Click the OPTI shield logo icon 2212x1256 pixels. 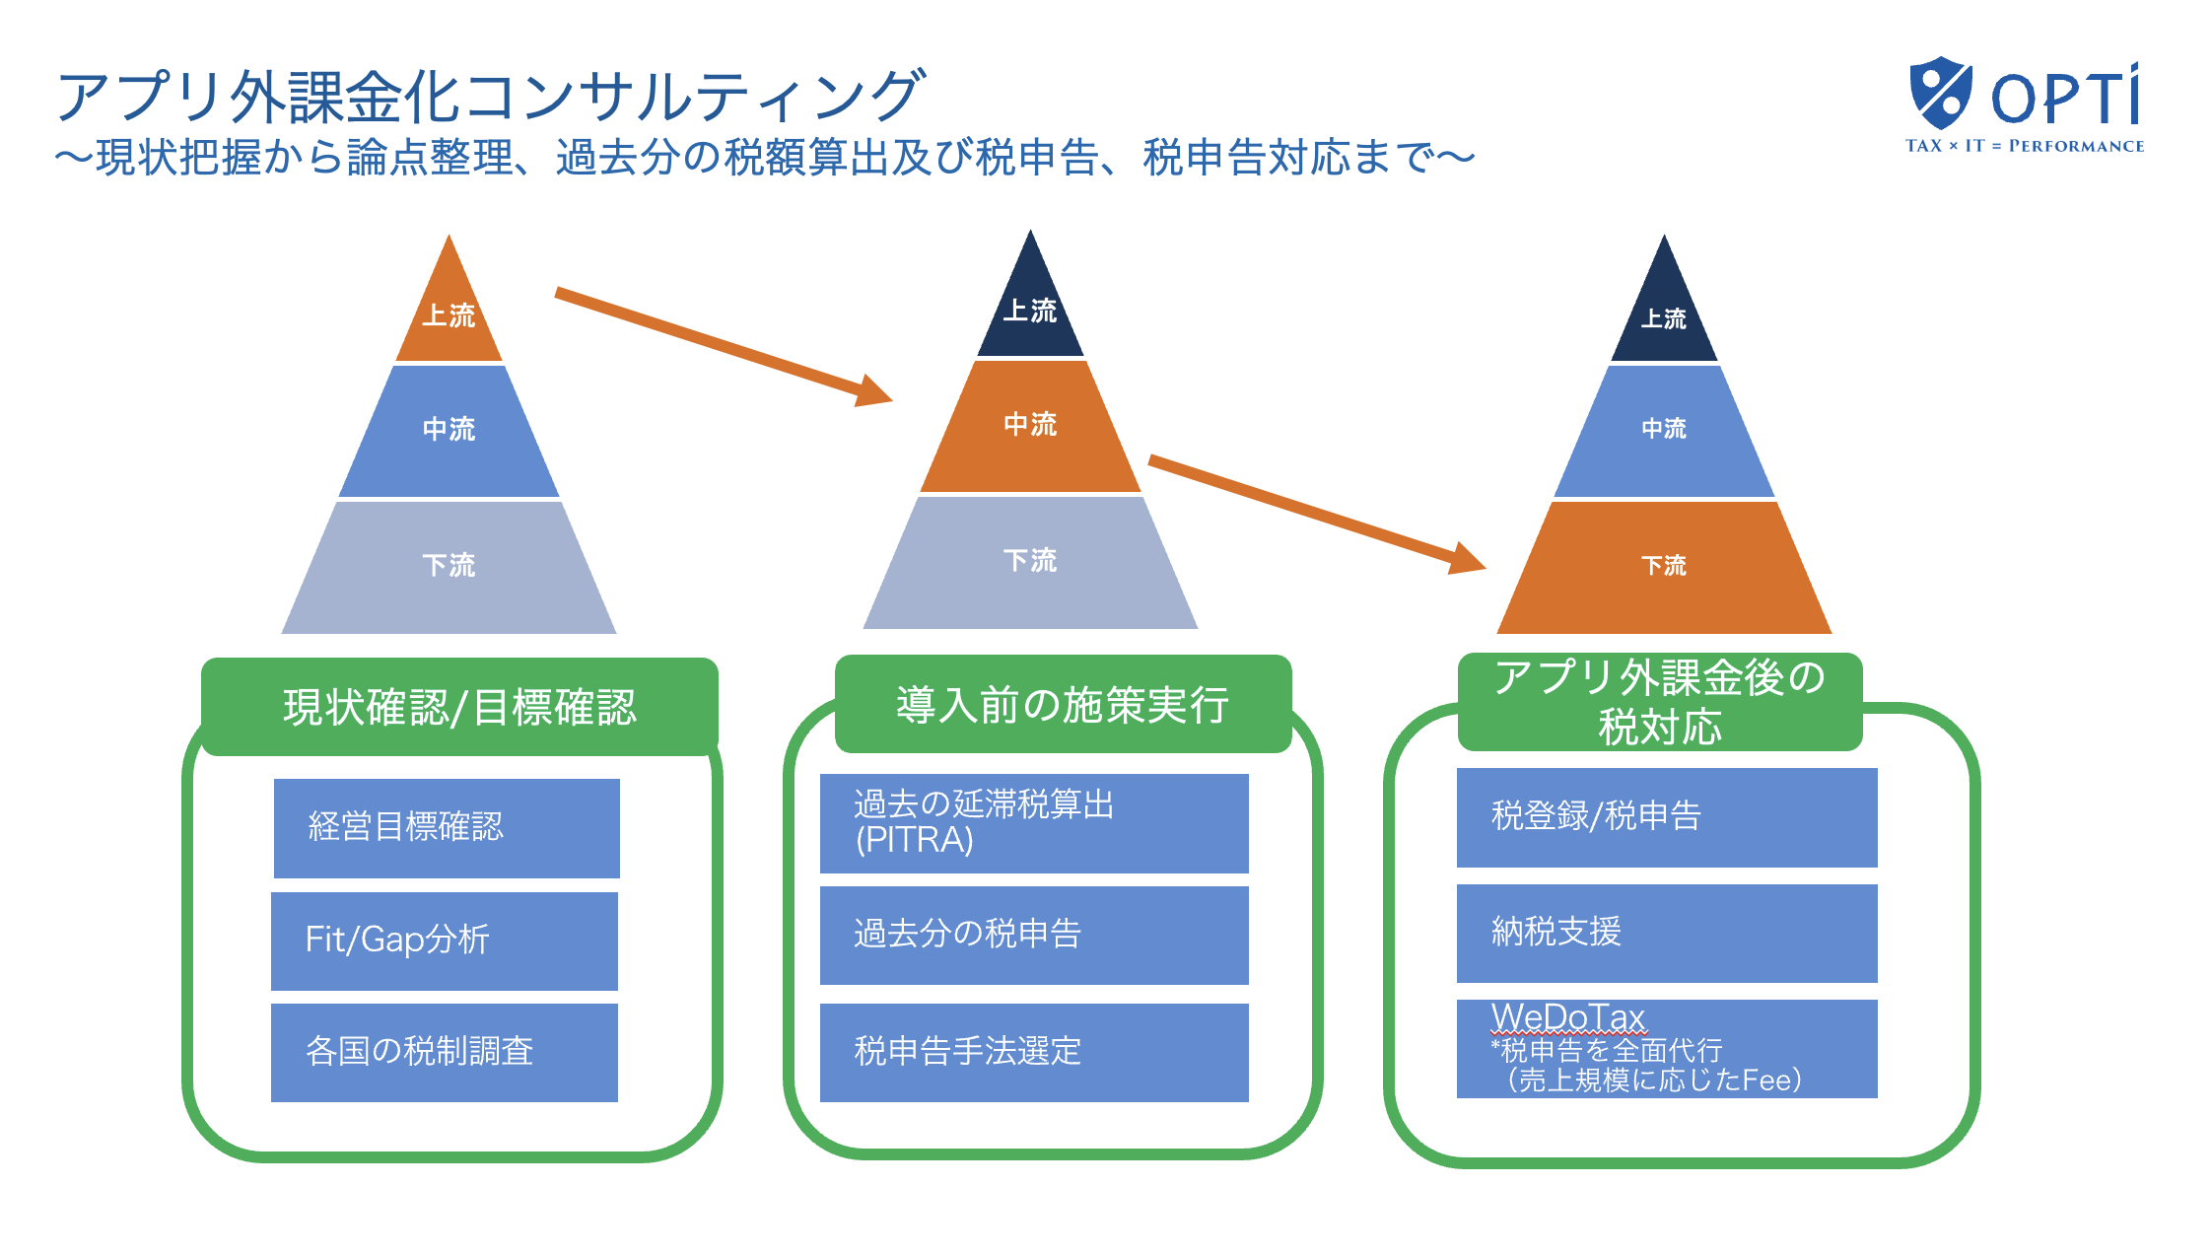click(1939, 93)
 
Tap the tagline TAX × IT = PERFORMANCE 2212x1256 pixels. click(2024, 146)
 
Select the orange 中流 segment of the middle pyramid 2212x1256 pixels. click(1030, 426)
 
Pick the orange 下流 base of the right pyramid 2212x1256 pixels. click(1664, 567)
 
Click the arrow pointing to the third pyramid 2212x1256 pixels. click(1316, 513)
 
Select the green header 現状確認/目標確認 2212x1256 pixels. click(459, 707)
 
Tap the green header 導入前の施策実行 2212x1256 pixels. click(1062, 704)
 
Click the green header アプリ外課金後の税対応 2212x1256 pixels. click(1659, 702)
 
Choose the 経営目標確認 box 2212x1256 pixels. click(447, 827)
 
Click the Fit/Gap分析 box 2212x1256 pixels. click(445, 941)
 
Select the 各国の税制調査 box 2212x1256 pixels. click(445, 1052)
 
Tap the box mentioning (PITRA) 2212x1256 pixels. click(1034, 823)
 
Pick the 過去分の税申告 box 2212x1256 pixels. click(1034, 935)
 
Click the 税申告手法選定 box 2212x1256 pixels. click(1034, 1052)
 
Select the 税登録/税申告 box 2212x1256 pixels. click(1667, 817)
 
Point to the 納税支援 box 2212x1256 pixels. click(1667, 933)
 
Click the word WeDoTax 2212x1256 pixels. click(1568, 1016)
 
